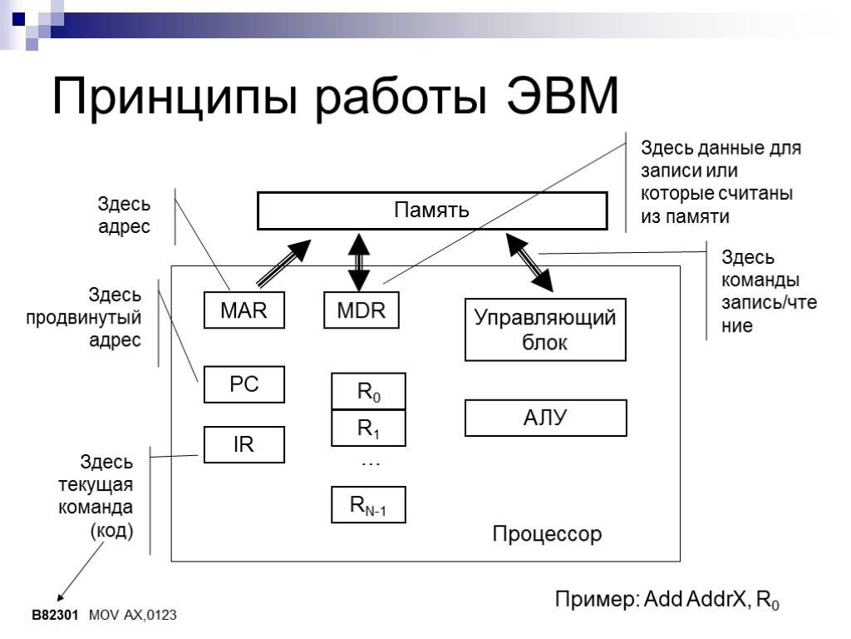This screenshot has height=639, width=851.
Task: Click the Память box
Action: click(x=431, y=211)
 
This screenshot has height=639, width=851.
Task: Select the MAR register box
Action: click(x=243, y=311)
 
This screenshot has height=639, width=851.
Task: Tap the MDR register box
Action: click(x=361, y=311)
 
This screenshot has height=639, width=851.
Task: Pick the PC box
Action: click(x=243, y=384)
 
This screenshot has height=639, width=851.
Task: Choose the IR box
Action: click(x=243, y=445)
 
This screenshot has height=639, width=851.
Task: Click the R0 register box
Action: click(x=368, y=392)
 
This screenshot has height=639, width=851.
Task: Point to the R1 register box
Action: click(x=368, y=428)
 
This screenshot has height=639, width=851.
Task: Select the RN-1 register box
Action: click(x=368, y=504)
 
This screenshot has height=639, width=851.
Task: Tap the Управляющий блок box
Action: click(x=544, y=329)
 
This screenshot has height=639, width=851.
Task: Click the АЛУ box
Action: click(x=544, y=418)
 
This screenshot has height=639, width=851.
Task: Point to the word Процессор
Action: click(x=546, y=533)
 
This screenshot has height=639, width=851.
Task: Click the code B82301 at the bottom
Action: click(x=54, y=615)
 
